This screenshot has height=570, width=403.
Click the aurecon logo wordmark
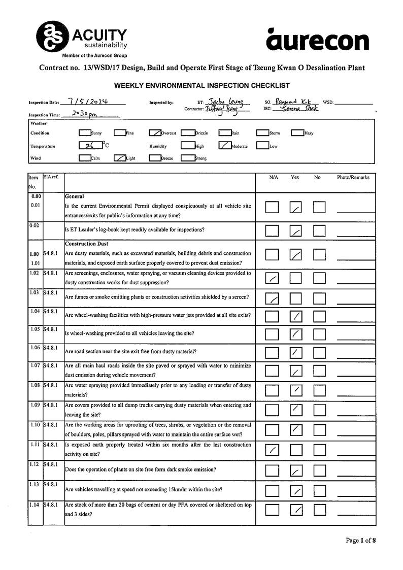pos(317,40)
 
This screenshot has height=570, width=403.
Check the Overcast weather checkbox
pos(155,133)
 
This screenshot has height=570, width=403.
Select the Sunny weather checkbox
pos(84,133)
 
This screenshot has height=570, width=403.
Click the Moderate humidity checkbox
pos(225,146)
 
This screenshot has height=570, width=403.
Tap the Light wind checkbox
pos(120,158)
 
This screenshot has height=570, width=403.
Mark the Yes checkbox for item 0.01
pos(295,207)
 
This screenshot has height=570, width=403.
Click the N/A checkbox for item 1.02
pos(272,278)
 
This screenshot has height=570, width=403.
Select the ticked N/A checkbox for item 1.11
pos(272,450)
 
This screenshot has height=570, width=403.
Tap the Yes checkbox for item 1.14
pos(296,509)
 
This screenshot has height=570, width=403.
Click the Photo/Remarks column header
pos(353,178)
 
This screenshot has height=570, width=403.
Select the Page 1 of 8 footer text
pos(360,540)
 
